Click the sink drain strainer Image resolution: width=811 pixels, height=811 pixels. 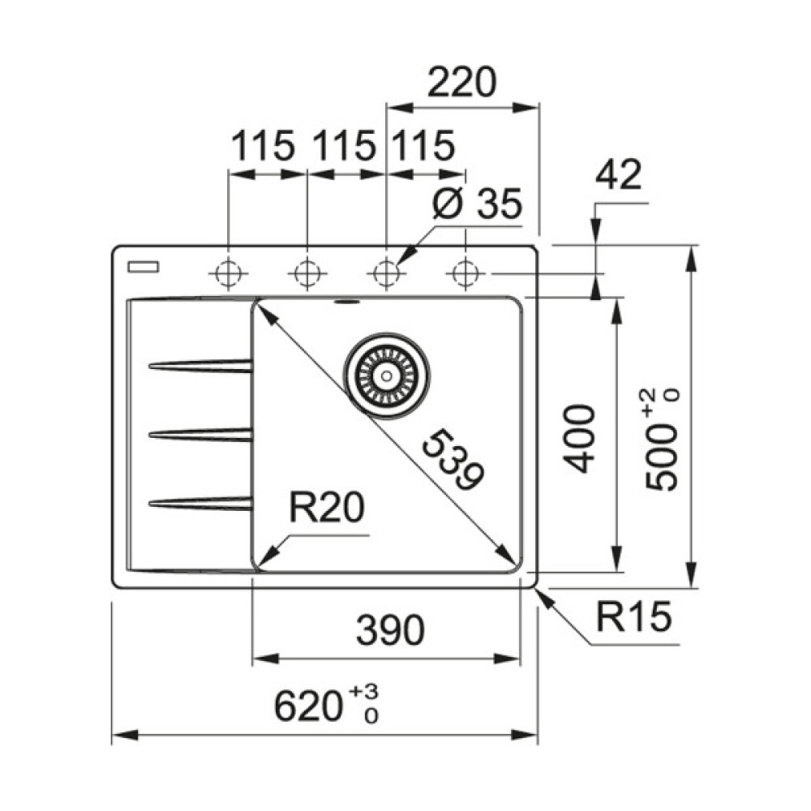(387, 375)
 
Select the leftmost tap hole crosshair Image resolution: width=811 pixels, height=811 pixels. (229, 273)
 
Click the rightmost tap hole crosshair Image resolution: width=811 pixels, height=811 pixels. (465, 273)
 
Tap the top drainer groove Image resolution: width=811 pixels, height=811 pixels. (201, 366)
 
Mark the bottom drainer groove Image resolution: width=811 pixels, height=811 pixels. (201, 504)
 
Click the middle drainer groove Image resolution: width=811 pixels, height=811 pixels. (201, 436)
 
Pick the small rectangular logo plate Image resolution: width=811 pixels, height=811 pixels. (144, 266)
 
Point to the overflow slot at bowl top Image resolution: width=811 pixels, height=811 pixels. (346, 303)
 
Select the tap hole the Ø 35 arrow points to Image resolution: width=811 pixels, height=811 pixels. (387, 273)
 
